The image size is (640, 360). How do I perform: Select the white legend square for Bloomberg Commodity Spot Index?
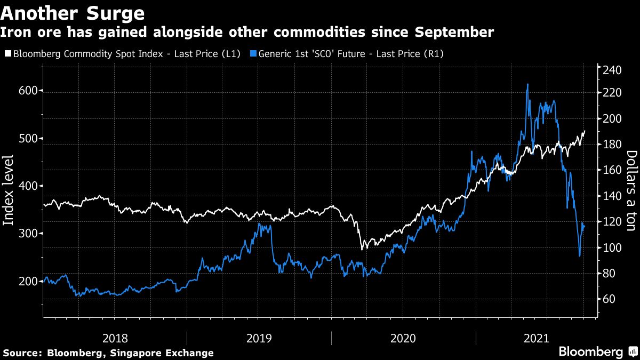coord(7,53)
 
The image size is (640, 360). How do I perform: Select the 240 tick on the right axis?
coord(613,69)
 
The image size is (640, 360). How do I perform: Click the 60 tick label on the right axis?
coord(610,299)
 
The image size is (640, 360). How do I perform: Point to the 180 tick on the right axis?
coord(613,145)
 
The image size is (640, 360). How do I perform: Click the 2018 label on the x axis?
coord(115,338)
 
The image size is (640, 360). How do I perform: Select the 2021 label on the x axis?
coord(536,338)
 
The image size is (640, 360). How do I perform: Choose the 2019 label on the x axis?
coord(259,338)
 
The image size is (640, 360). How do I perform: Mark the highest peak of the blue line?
coord(527,84)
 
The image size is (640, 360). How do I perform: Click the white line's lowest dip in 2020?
coord(363,249)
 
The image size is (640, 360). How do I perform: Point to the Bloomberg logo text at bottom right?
coord(590,352)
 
